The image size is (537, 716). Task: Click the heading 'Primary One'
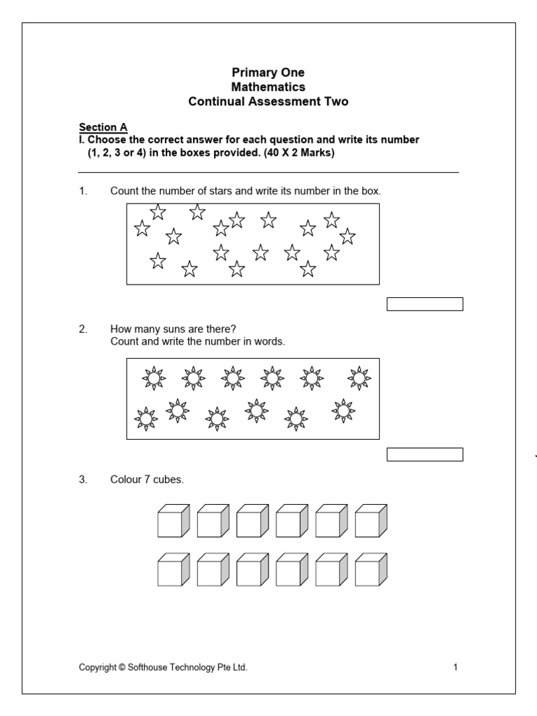click(268, 73)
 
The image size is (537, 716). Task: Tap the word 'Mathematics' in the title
click(268, 87)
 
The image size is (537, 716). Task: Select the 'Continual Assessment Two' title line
click(268, 102)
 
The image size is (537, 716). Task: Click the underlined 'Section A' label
click(103, 127)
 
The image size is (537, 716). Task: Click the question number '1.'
click(83, 191)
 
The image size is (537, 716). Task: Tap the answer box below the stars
click(425, 303)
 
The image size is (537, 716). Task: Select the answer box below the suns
click(425, 455)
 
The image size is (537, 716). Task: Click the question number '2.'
click(83, 329)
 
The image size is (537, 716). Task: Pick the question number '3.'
click(83, 480)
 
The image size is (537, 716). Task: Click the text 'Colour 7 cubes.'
click(147, 480)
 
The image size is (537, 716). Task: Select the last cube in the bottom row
click(371, 570)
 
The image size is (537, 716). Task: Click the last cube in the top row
click(371, 521)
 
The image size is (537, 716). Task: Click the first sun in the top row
click(153, 378)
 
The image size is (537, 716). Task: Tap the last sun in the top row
click(359, 378)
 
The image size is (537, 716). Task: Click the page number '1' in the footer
click(455, 668)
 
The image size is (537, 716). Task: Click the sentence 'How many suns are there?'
click(169, 329)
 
